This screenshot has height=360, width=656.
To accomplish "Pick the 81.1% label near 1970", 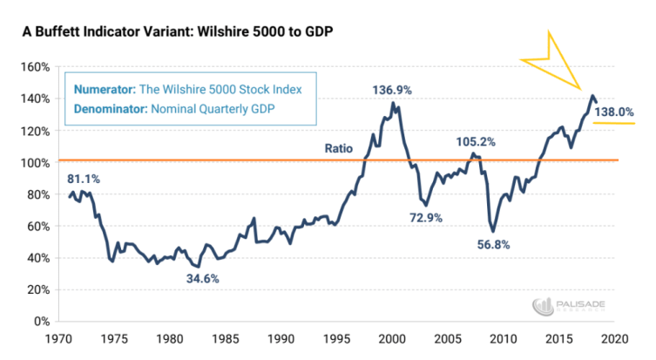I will click(85, 179).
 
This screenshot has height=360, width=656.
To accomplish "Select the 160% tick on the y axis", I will click(36, 67).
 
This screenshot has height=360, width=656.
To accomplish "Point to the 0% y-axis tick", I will click(42, 321).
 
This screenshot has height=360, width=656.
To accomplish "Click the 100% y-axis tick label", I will click(36, 162).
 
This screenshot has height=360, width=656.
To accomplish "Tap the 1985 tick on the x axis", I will click(224, 337).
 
